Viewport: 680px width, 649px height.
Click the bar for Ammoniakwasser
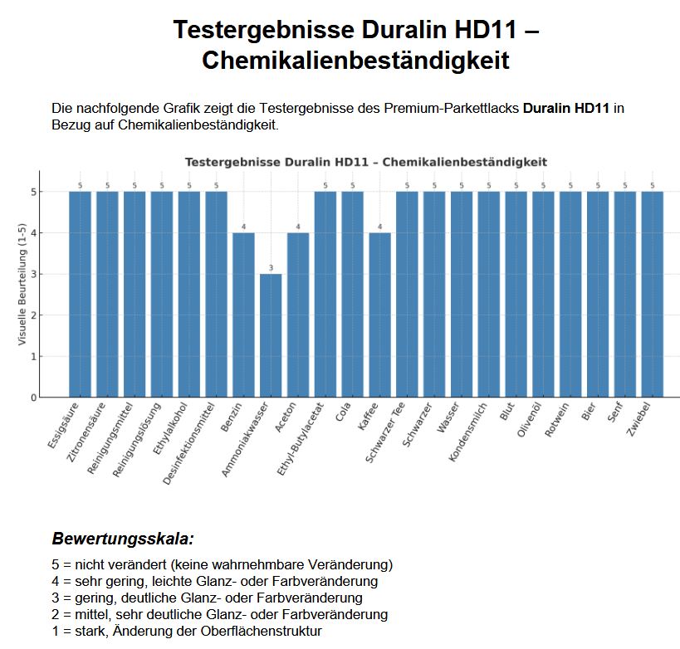271,335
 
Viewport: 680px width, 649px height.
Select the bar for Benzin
243,315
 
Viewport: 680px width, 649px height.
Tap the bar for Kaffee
379,315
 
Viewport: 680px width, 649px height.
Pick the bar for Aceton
298,315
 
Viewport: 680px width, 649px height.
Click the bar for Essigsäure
80,294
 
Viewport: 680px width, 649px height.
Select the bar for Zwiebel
653,294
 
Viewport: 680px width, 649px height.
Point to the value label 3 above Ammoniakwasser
271,267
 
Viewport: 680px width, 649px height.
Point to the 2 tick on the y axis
34,315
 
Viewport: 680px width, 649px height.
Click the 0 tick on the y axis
34,398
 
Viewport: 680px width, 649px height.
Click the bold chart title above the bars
365,162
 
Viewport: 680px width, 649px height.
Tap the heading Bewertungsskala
123,539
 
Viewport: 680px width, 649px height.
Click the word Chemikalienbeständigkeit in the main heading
355,61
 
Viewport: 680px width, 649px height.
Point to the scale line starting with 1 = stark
186,631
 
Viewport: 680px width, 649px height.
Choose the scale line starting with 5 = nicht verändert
222,564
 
